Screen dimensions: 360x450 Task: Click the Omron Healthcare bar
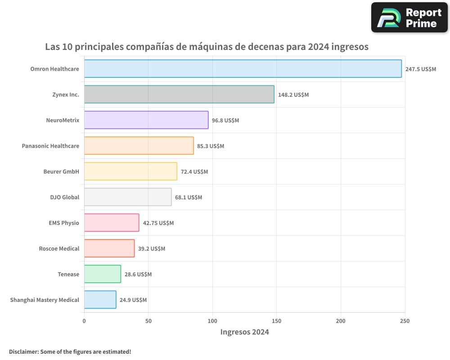(x=243, y=69)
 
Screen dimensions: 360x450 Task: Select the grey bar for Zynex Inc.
(x=179, y=94)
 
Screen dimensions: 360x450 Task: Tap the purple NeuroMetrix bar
(x=146, y=120)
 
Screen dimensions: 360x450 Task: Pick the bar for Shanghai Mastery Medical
(x=100, y=300)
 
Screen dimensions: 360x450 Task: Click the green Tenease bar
(x=103, y=274)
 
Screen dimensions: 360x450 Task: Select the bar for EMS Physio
(x=112, y=223)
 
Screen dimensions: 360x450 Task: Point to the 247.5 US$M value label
(x=420, y=69)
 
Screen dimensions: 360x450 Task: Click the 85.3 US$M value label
(x=211, y=146)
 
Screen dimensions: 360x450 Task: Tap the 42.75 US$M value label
(x=158, y=223)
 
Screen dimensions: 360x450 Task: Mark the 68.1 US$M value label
(x=189, y=198)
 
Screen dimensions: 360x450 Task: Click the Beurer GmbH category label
(x=61, y=171)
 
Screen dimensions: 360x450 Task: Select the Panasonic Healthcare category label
(x=50, y=146)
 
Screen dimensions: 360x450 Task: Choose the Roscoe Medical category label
(x=59, y=248)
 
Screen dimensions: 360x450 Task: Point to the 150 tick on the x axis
(x=276, y=321)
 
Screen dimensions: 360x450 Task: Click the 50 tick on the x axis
(x=148, y=321)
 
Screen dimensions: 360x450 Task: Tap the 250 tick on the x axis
(x=405, y=321)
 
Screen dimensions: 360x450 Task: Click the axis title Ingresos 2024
(x=244, y=332)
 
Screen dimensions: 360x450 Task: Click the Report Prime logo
(x=409, y=18)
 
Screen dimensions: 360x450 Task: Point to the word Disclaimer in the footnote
(x=23, y=351)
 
